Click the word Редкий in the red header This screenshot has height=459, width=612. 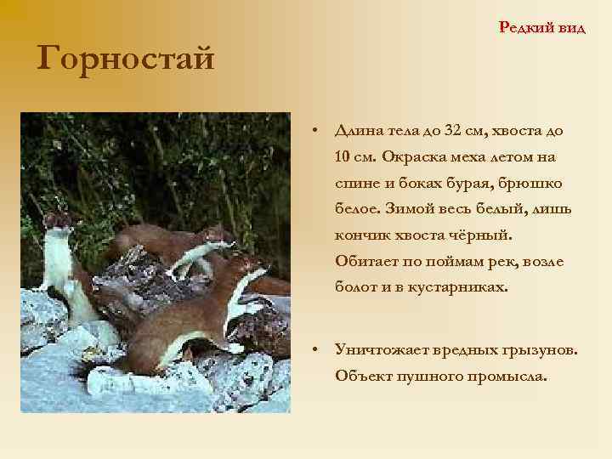tap(527, 27)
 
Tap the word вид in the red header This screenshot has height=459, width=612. tap(572, 27)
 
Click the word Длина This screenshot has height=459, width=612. tap(360, 131)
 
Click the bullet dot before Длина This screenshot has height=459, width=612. tap(314, 132)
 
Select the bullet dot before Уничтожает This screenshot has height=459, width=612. tap(314, 350)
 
